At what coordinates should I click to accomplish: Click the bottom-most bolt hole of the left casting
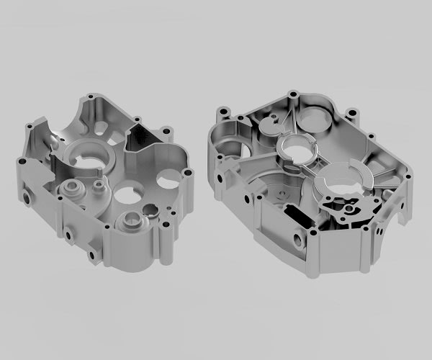pos(91,255)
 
